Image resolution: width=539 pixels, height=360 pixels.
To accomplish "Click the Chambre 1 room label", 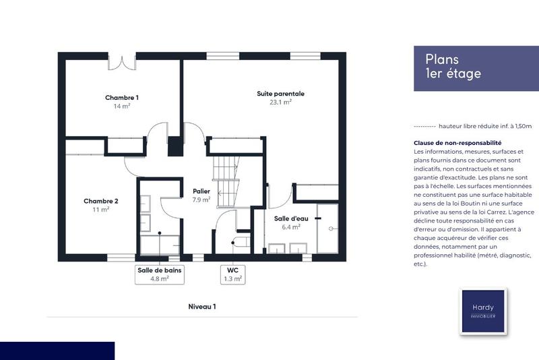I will [x=121, y=98].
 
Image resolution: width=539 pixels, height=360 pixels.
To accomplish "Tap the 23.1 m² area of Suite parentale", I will [x=280, y=102].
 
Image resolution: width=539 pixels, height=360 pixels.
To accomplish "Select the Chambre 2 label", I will [x=101, y=201].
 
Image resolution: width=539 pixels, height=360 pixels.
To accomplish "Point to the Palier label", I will [x=201, y=191].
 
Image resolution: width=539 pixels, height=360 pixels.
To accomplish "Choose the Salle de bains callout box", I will [x=160, y=274].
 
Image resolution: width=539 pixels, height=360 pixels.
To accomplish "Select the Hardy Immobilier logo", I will [x=482, y=311].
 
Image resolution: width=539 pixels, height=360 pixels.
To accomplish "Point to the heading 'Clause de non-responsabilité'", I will [x=457, y=143].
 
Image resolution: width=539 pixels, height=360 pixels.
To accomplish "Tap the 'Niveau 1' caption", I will [x=202, y=307].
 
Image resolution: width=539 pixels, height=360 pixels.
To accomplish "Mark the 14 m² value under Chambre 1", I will [x=122, y=107].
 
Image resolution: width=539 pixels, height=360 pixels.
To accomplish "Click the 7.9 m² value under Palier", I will [x=201, y=200].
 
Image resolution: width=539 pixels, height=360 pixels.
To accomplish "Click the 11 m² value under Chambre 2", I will [x=101, y=210].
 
